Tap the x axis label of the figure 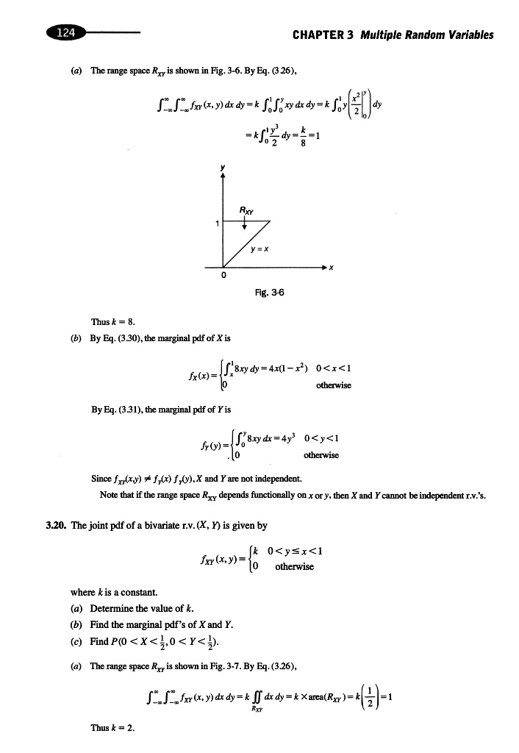pyautogui.click(x=331, y=268)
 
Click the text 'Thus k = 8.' pyautogui.click(x=110, y=321)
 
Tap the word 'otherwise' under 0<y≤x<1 pyautogui.click(x=294, y=566)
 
